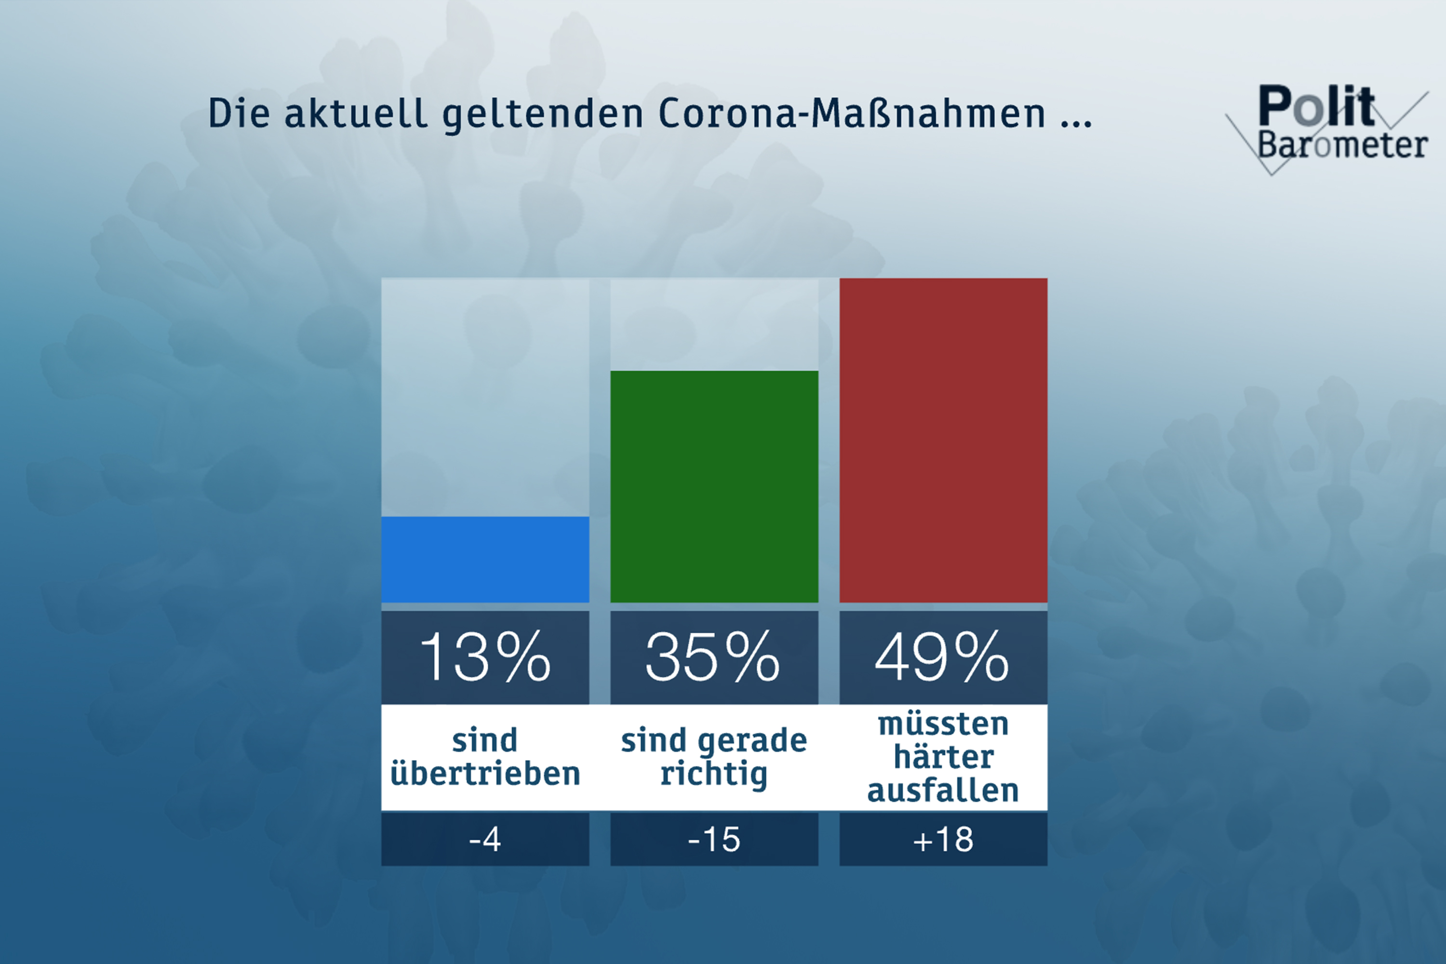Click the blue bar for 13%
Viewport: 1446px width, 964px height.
tap(485, 560)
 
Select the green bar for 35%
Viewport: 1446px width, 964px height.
tap(714, 486)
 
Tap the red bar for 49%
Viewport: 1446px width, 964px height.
tap(943, 440)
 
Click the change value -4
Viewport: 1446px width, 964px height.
tap(485, 839)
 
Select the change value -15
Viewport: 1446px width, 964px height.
tap(714, 839)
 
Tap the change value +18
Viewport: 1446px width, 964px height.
tap(943, 839)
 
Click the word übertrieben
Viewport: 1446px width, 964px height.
tap(485, 773)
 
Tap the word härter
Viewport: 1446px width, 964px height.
tap(943, 756)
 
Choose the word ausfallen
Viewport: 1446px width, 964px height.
tap(943, 790)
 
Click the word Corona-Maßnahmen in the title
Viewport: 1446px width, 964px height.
tap(852, 113)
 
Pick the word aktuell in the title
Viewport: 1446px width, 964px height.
tap(355, 113)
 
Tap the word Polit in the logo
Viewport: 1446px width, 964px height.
tap(1316, 106)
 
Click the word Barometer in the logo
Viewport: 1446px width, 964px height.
tap(1342, 145)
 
